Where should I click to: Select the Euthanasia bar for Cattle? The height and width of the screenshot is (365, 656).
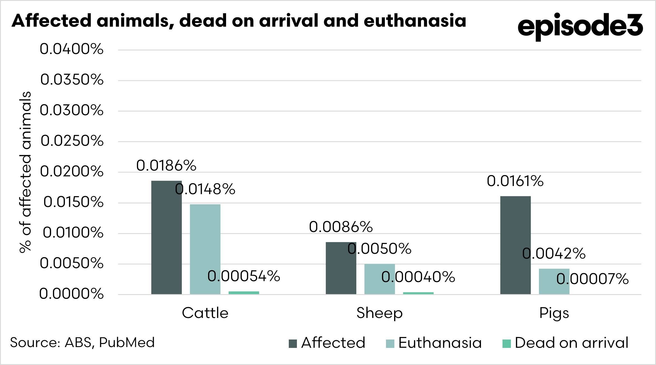point(205,249)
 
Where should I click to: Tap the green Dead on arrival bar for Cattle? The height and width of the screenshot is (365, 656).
point(244,293)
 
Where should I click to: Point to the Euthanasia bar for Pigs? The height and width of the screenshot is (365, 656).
point(554,282)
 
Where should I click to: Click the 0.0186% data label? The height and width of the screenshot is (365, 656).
point(166,165)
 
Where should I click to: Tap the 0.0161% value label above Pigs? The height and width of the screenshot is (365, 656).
point(515,181)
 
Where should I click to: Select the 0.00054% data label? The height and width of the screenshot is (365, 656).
point(244,276)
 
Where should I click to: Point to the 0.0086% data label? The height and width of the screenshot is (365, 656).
point(341,227)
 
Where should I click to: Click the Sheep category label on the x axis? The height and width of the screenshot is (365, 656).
point(380,313)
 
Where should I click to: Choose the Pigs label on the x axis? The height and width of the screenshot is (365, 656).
point(554,313)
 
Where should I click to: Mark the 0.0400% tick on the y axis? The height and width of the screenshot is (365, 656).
point(71,49)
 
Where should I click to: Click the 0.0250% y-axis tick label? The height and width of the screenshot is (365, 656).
point(72,141)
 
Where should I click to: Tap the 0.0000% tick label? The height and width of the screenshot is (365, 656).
point(71,294)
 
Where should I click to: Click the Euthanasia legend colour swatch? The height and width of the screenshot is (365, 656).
point(390,344)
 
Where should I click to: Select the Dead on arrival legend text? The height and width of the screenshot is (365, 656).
point(571,343)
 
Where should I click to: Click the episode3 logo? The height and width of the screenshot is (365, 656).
point(580,26)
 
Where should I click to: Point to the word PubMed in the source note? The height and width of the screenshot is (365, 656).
point(127,343)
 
